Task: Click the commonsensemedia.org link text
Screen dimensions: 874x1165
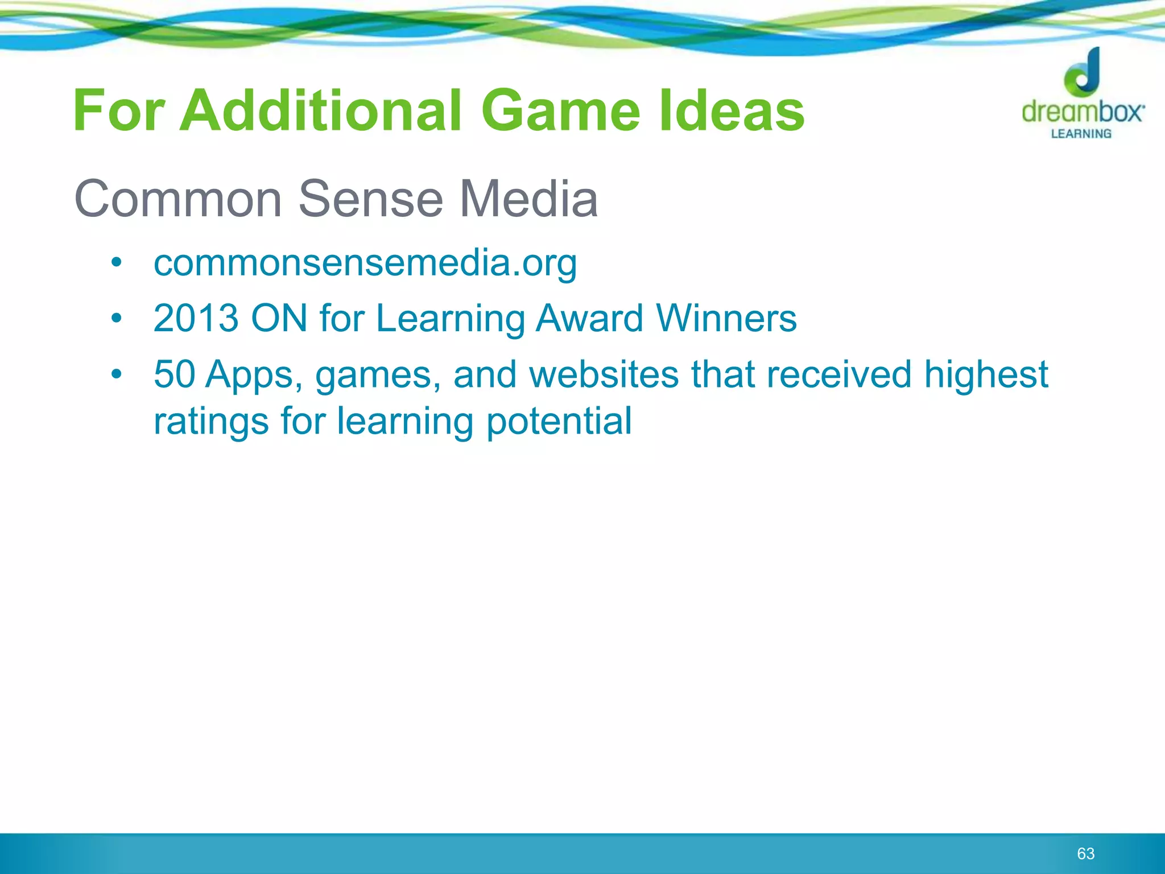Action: [x=365, y=264]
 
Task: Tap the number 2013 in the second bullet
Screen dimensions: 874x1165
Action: [x=196, y=318]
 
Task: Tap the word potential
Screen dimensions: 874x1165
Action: [x=559, y=421]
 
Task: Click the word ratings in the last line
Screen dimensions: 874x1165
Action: [x=211, y=422]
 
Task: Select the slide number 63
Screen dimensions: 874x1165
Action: [x=1085, y=854]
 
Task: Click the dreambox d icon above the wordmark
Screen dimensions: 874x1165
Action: [x=1083, y=72]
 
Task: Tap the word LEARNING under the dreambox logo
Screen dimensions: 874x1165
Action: [x=1081, y=134]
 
